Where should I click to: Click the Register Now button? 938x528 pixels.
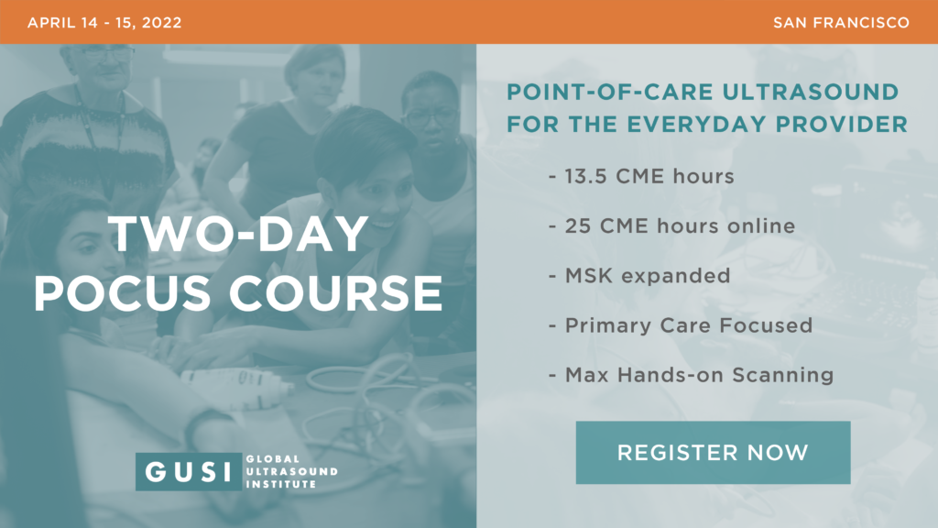click(x=713, y=453)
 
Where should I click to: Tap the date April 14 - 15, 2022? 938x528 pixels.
click(x=104, y=23)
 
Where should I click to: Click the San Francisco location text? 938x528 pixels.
click(x=841, y=23)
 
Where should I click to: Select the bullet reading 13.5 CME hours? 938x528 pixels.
click(x=641, y=177)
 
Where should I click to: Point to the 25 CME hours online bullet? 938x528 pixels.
click(x=671, y=226)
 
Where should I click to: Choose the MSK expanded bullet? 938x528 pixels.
click(x=639, y=276)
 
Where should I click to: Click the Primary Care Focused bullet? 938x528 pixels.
click(x=681, y=325)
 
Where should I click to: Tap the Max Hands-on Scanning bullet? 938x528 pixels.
click(x=691, y=375)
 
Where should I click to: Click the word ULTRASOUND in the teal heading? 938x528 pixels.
click(x=811, y=93)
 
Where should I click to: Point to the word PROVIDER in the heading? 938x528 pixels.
click(x=842, y=125)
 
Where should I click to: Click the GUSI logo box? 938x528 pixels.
click(x=189, y=472)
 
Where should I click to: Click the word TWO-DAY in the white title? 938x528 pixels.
click(x=238, y=234)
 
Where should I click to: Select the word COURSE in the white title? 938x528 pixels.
click(x=335, y=293)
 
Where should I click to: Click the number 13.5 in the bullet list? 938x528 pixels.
click(x=586, y=177)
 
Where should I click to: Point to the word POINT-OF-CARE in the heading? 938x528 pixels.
click(x=610, y=93)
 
